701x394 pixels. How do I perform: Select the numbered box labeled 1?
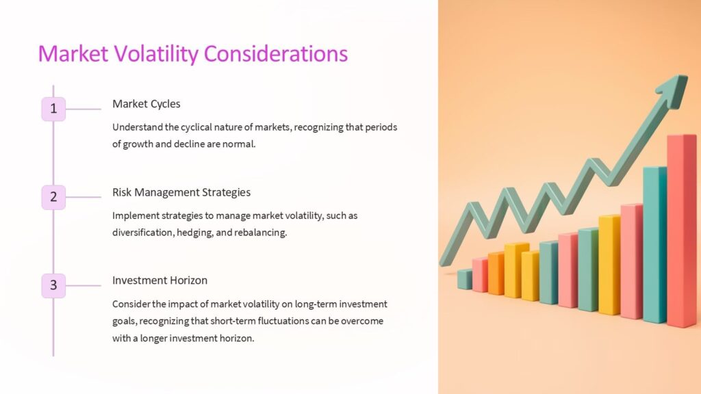coord(53,109)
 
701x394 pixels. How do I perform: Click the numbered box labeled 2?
coord(53,198)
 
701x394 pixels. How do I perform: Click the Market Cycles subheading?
coord(146,104)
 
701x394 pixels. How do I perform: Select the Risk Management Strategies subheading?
coord(181,192)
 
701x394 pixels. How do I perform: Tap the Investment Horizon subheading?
coord(160,280)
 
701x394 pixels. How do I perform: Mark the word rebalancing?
coord(262,233)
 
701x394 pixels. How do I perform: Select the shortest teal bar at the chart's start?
coord(464,279)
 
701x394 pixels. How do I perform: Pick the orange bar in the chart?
coord(496,273)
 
